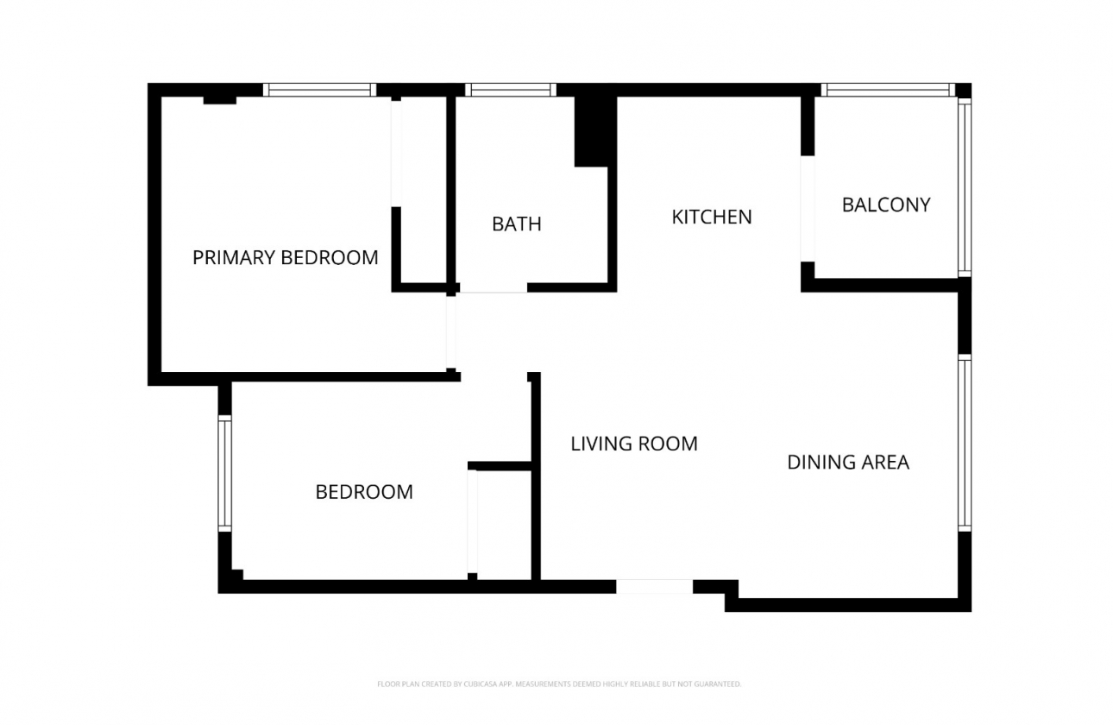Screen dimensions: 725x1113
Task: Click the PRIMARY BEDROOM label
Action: coord(285,257)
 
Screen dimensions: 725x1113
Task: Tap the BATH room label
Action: coord(516,224)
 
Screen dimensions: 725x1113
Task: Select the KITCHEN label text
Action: coord(712,217)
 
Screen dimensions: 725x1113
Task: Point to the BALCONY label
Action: coord(886,205)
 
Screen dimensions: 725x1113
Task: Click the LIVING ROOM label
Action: coord(634,444)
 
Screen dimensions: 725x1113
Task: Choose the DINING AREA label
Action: coord(848,463)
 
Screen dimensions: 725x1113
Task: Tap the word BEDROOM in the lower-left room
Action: coord(364,492)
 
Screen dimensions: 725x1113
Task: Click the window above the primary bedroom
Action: coord(319,90)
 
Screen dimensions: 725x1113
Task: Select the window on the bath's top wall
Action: coord(511,90)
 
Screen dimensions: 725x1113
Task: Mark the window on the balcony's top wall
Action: coord(888,90)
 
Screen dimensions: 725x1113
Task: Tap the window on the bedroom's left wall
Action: coord(224,472)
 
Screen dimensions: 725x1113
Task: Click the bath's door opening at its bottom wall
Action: coord(493,287)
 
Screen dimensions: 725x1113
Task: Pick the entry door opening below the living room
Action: coord(654,587)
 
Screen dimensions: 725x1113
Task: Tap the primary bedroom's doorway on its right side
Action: coord(450,333)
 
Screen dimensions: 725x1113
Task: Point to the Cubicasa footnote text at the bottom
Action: coord(558,684)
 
